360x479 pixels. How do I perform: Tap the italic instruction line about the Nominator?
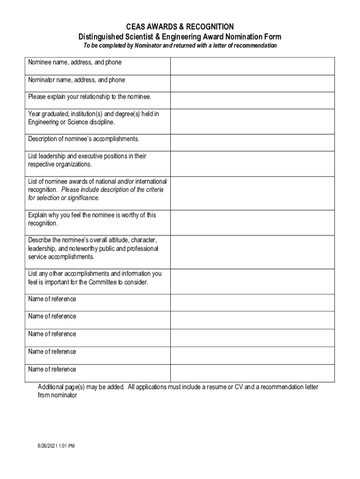[180, 46]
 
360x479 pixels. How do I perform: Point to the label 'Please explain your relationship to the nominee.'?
[89, 97]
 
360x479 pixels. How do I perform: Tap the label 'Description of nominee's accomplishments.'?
[84, 139]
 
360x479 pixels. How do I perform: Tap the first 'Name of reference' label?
[52, 299]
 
